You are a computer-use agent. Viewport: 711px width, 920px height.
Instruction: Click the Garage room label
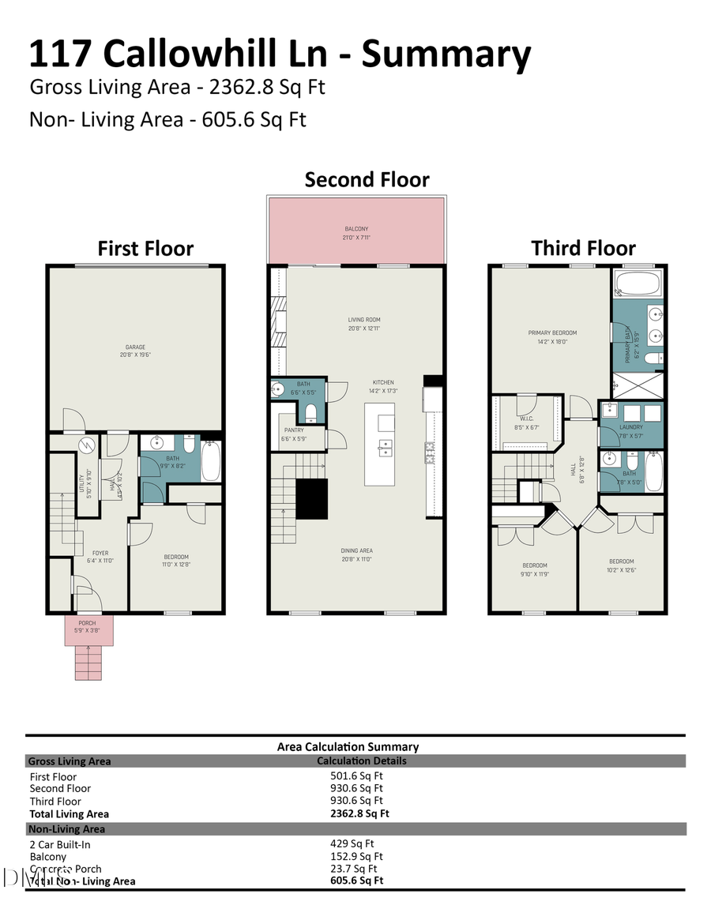(x=134, y=351)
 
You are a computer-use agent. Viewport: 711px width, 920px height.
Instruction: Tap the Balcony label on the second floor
(x=356, y=232)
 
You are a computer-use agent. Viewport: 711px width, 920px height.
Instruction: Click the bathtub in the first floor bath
(x=211, y=461)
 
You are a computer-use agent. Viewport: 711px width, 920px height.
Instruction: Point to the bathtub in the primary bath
(x=637, y=284)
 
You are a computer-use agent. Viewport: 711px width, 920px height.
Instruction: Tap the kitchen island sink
(x=384, y=447)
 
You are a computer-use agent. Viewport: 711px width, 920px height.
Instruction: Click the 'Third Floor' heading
(x=583, y=249)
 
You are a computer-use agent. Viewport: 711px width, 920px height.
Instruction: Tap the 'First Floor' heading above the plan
(x=145, y=249)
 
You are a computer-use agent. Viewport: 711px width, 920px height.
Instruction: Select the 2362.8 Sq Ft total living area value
(x=359, y=813)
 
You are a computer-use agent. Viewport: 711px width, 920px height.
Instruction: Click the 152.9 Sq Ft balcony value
(x=356, y=856)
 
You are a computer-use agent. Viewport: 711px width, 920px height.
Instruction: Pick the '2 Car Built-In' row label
(x=60, y=844)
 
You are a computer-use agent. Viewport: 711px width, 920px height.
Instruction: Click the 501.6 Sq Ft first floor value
(x=356, y=776)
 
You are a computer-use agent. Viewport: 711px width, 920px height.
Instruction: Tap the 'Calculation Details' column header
(x=361, y=760)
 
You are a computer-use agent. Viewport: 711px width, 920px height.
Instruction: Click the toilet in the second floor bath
(x=311, y=413)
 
